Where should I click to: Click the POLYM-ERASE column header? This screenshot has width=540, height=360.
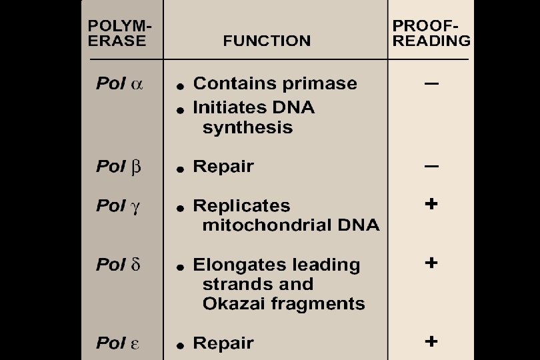(119, 33)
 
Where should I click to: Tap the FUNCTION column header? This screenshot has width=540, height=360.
(267, 41)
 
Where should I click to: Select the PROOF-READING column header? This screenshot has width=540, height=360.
(431, 33)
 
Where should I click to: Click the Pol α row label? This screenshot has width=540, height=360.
(119, 83)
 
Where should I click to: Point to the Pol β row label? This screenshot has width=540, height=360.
(119, 167)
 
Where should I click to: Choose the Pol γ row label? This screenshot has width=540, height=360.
(118, 207)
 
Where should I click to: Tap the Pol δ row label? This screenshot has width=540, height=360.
(118, 265)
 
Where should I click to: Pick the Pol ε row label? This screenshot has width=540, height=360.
(118, 343)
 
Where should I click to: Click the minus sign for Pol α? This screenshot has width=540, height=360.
(431, 83)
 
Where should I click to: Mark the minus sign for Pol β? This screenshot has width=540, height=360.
(431, 167)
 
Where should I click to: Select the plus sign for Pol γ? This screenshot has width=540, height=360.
(431, 204)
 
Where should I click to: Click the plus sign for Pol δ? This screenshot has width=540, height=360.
(431, 263)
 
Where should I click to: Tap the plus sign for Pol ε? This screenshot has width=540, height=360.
(431, 341)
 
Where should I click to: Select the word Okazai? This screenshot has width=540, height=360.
(234, 303)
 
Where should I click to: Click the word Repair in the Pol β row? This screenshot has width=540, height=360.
(223, 167)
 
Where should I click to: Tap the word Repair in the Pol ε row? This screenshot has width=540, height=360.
(223, 344)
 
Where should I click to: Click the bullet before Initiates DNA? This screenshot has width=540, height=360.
(180, 110)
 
